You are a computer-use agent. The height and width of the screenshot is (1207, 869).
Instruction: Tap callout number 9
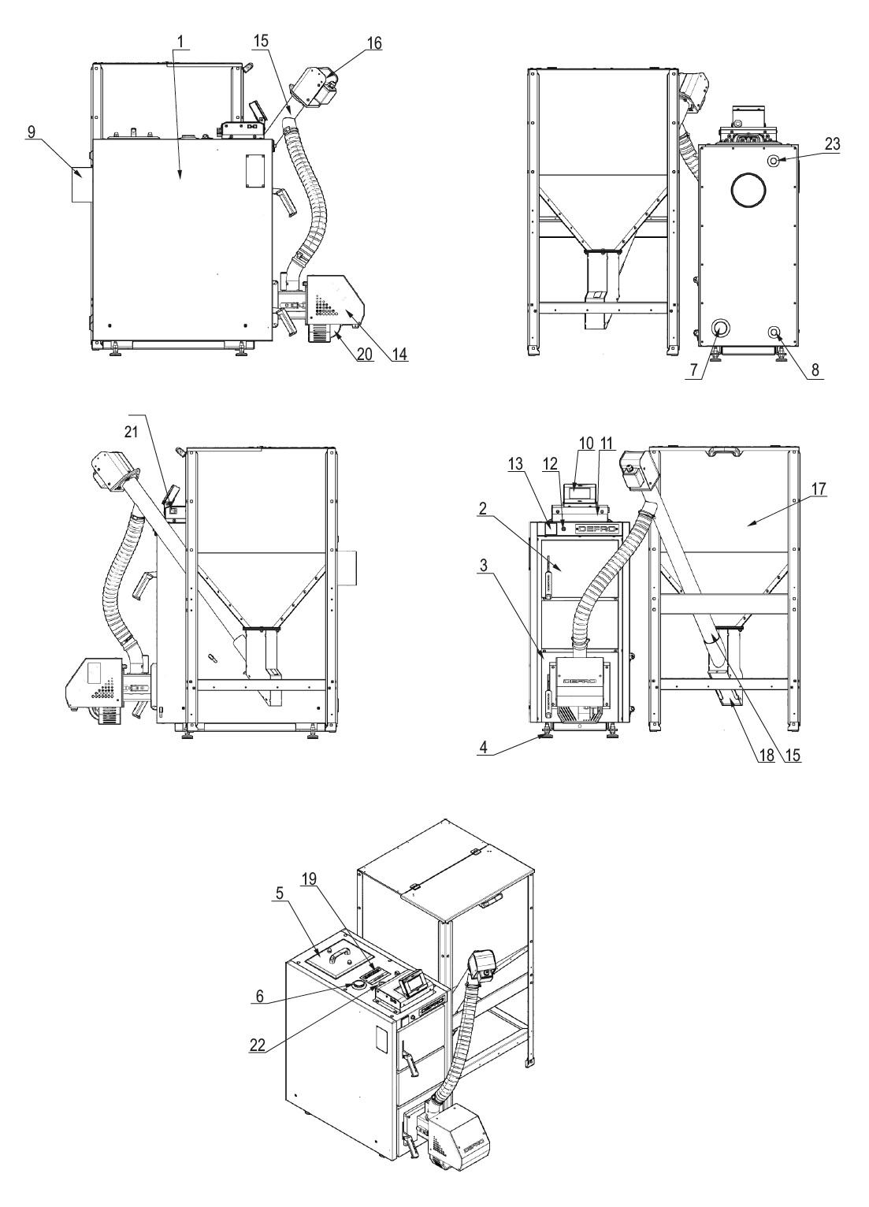pyautogui.click(x=32, y=132)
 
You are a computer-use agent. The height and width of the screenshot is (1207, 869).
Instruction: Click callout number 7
pyautogui.click(x=695, y=370)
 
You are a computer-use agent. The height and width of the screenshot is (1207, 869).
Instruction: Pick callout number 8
pyautogui.click(x=815, y=370)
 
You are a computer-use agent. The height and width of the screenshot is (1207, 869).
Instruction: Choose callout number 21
pyautogui.click(x=132, y=432)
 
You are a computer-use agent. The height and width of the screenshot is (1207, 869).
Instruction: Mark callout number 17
pyautogui.click(x=819, y=489)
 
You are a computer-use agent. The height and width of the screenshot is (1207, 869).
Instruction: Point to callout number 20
pyautogui.click(x=366, y=355)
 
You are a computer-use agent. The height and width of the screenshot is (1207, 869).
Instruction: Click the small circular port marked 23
pyautogui.click(x=774, y=160)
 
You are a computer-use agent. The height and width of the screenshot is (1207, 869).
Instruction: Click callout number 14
pyautogui.click(x=400, y=355)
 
